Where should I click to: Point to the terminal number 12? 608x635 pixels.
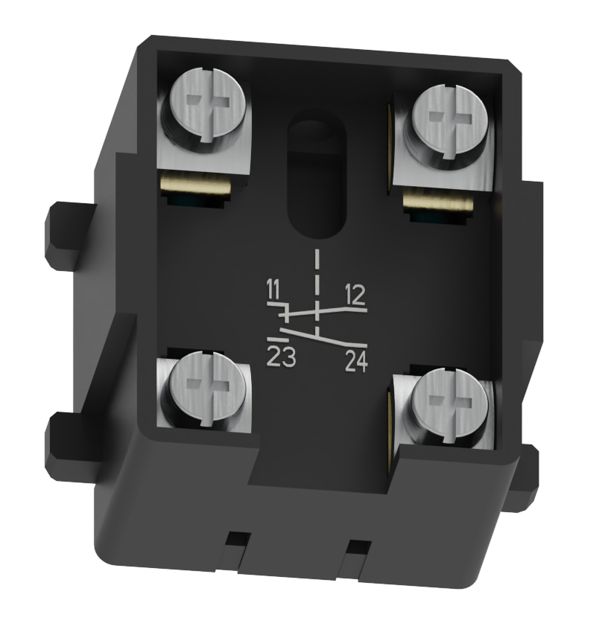355,296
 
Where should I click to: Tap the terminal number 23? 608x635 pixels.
281,358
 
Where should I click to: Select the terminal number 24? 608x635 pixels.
356,363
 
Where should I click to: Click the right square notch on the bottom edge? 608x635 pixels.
359,548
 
